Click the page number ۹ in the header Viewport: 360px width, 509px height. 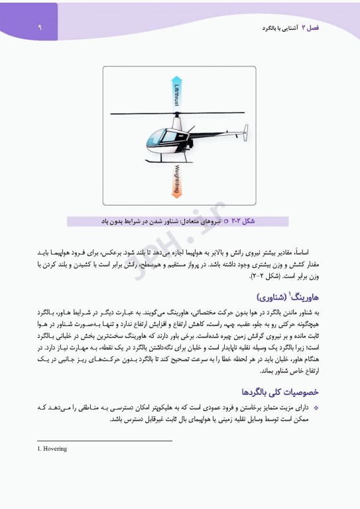(39, 28)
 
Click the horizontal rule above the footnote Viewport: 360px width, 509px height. (105, 441)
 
